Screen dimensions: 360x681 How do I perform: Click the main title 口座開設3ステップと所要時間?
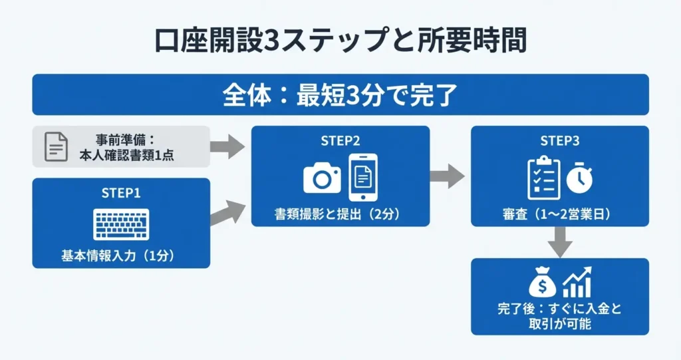point(340,41)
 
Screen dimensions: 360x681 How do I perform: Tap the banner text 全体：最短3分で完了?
point(340,94)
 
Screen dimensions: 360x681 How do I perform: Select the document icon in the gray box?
point(56,146)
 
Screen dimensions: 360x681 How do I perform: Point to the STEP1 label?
point(121,194)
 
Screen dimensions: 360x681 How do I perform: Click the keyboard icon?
point(121,223)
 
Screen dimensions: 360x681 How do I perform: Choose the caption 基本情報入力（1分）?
point(121,256)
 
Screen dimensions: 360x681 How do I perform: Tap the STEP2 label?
point(340,141)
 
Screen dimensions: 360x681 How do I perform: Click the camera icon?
point(322,178)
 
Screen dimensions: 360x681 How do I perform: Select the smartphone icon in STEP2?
point(362,177)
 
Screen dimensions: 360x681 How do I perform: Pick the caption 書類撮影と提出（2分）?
point(340,214)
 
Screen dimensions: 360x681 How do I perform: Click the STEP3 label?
point(559,141)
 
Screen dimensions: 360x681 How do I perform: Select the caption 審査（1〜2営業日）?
point(559,214)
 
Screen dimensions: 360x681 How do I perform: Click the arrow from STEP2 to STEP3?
point(448,176)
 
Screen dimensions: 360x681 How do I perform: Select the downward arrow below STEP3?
point(559,242)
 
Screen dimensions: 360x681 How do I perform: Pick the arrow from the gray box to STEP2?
point(227,146)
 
